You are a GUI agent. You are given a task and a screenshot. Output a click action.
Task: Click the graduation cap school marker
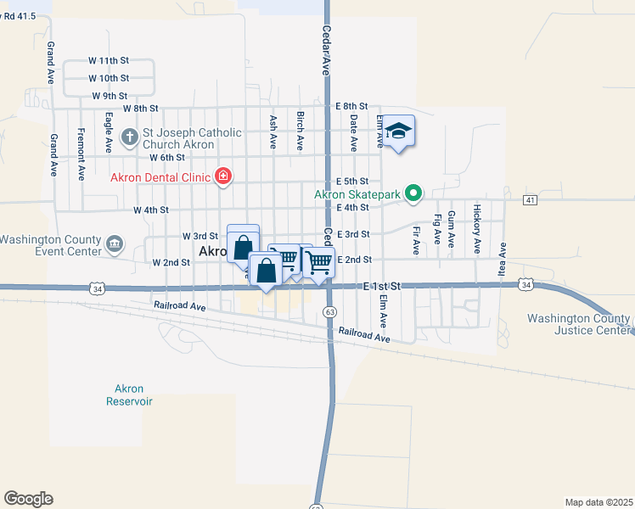click(398, 131)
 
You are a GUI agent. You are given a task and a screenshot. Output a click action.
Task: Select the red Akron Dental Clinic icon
click(223, 176)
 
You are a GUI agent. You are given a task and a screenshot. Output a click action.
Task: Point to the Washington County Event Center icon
click(115, 245)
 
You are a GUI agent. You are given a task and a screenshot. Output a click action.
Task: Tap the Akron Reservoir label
click(129, 394)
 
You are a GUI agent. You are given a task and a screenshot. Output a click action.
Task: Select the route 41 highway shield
click(530, 199)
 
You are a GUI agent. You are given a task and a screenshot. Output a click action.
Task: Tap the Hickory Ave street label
click(477, 229)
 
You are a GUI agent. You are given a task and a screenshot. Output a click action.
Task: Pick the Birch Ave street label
click(300, 131)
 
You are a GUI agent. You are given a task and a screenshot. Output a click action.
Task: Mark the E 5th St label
click(351, 182)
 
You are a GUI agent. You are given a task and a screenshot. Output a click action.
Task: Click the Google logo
click(28, 499)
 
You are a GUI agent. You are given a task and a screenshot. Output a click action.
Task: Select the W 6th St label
click(166, 158)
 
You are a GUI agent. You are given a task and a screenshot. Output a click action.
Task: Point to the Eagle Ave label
click(109, 131)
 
